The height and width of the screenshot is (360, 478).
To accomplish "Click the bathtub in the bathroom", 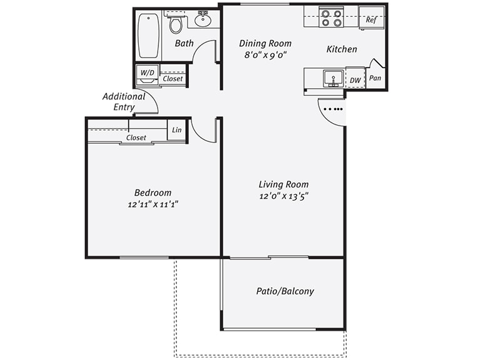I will pos(149,36).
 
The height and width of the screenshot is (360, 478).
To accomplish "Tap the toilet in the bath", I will pos(176,24).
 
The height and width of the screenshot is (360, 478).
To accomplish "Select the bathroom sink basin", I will pos(203,20).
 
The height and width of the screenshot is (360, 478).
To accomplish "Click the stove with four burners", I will pos(332,17).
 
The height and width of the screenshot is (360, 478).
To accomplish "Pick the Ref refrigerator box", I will pos(371,19).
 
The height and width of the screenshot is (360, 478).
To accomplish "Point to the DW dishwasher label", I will pos(355,80).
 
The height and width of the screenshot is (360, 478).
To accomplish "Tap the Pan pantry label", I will pos(375,78).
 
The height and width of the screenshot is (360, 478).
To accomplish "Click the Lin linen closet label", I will pos(176,130).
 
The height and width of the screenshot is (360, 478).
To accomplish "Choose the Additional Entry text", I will pos(124,102).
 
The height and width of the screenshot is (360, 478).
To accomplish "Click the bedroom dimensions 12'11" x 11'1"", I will pos(153,204).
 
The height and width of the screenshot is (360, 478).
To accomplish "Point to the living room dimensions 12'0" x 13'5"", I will pos(283,196).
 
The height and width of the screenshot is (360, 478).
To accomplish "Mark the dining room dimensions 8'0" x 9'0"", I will pos(265,54).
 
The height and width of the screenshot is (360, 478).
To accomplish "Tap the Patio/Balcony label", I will pos(285,291).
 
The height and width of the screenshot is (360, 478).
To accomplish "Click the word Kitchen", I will pos(342,49).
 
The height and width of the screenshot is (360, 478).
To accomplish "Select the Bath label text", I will pos(184,43).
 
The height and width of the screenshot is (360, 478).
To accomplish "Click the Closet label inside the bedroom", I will pos(136,137).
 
